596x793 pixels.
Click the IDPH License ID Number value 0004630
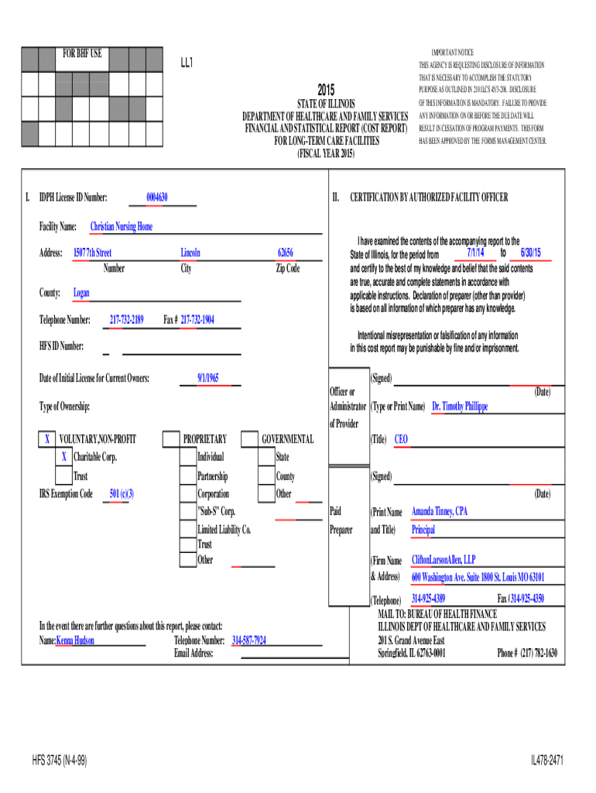pyautogui.click(x=157, y=197)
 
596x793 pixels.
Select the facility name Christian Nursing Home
pyautogui.click(x=122, y=227)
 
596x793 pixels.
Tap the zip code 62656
pyautogui.click(x=286, y=253)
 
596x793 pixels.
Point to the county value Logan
pyautogui.click(x=81, y=294)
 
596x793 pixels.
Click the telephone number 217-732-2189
pyautogui.click(x=126, y=320)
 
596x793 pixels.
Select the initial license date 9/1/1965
pyautogui.click(x=208, y=378)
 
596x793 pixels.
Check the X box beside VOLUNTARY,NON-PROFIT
pyautogui.click(x=47, y=440)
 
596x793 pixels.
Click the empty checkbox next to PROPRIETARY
pyautogui.click(x=170, y=440)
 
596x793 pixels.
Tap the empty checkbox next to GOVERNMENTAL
pyautogui.click(x=249, y=440)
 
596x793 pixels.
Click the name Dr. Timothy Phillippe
pyautogui.click(x=460, y=406)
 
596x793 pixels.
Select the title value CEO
pyautogui.click(x=401, y=439)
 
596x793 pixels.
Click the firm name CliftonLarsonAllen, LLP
pyautogui.click(x=444, y=559)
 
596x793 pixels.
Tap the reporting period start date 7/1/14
pyautogui.click(x=475, y=253)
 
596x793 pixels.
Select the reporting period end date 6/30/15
pyautogui.click(x=530, y=253)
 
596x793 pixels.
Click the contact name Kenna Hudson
pyautogui.click(x=76, y=640)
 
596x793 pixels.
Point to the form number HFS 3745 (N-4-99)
pyautogui.click(x=60, y=761)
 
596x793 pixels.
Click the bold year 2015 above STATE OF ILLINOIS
pyautogui.click(x=326, y=91)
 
